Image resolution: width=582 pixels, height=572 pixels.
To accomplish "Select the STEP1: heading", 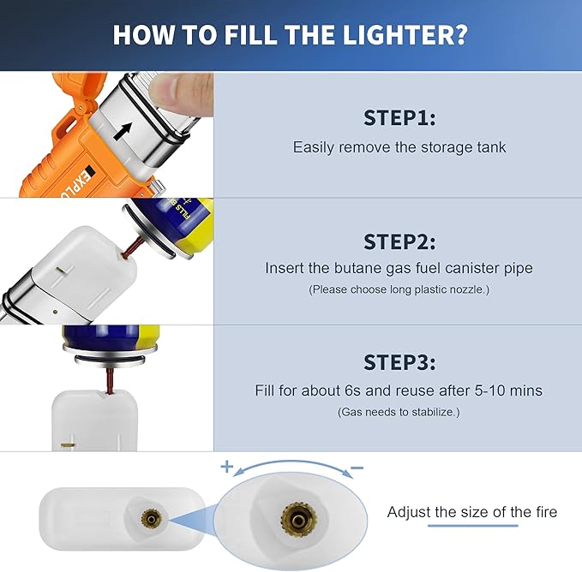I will (x=399, y=117).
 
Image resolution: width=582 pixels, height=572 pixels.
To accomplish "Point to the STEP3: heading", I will (x=399, y=363).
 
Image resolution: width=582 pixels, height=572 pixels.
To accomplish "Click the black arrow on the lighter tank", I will (x=126, y=129).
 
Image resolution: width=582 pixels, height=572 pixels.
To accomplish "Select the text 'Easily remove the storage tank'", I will (x=399, y=147).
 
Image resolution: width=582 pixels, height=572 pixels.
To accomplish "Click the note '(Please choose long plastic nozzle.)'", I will (x=399, y=290).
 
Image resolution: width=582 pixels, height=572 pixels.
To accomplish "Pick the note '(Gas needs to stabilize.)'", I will (x=399, y=412).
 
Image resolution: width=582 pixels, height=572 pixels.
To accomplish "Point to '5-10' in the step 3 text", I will (x=489, y=390).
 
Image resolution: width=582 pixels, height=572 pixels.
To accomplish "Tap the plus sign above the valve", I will (x=226, y=467).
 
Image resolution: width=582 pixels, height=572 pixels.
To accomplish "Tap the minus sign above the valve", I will (x=357, y=469).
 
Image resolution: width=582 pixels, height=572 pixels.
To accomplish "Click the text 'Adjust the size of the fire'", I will (x=471, y=512).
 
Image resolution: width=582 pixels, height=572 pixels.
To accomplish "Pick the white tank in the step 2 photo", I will (x=81, y=265).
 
